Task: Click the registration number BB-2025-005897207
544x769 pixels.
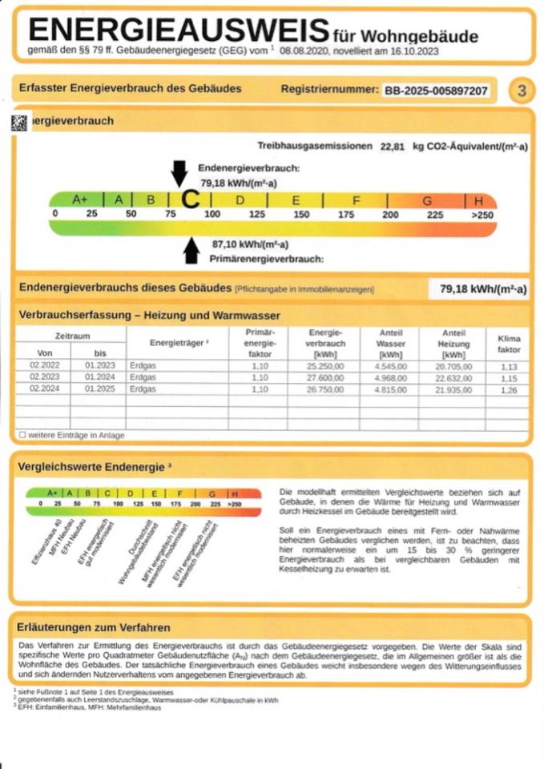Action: [436, 91]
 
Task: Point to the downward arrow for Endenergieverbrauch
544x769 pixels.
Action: [179, 172]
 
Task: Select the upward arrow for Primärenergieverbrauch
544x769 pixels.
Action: [191, 251]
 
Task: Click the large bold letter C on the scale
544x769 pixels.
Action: [190, 199]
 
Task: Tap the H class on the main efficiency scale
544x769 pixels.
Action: [479, 199]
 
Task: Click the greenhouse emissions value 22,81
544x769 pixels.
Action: [393, 147]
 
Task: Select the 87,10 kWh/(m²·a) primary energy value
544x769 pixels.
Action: [250, 244]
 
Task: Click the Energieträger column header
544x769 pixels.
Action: [179, 342]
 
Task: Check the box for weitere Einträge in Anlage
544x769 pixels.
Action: [22, 435]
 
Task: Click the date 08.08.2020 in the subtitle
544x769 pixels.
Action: [304, 50]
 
